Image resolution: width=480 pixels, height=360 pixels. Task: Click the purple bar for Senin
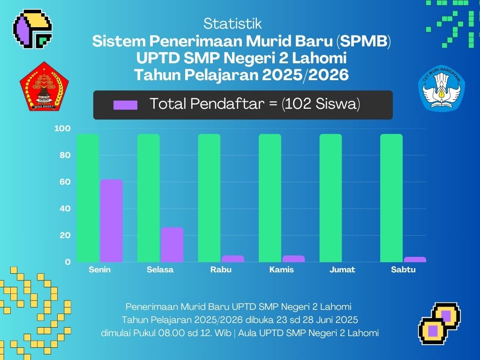point(111,221)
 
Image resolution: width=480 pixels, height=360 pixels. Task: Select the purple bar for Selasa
point(172,245)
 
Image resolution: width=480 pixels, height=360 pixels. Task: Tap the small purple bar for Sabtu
point(415,260)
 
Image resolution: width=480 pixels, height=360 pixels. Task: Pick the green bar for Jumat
point(330,198)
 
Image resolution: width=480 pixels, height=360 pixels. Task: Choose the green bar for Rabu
point(209,198)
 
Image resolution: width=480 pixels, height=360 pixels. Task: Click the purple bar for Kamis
point(293,259)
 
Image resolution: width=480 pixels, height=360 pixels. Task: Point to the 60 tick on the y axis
point(65,182)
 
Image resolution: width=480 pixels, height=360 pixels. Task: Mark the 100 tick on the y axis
point(62,128)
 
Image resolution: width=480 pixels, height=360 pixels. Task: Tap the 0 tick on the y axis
point(67,262)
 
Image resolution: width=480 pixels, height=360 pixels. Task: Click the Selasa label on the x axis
point(160,270)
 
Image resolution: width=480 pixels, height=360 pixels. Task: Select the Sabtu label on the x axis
point(403,270)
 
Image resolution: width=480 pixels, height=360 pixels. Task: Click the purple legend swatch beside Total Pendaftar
point(126,105)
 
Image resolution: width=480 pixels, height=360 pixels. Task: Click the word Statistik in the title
point(232,24)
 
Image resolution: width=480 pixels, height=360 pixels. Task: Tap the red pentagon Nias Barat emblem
point(45,86)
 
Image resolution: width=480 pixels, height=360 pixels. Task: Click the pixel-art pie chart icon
point(32,29)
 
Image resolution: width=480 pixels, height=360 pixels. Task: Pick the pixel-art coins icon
point(439,323)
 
